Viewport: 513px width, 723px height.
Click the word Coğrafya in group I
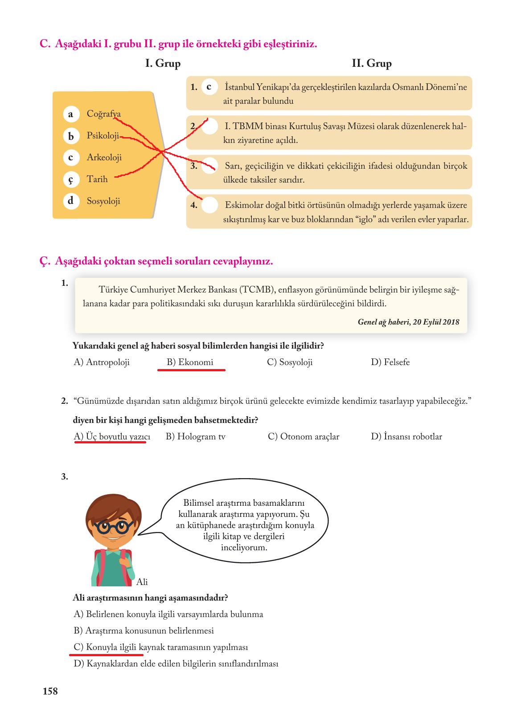point(103,114)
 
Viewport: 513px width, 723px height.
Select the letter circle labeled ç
point(70,179)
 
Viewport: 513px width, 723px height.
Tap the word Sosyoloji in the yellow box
point(103,201)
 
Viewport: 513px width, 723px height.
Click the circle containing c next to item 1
point(209,87)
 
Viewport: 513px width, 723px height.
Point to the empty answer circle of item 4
point(210,205)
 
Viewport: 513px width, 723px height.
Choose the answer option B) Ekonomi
point(190,362)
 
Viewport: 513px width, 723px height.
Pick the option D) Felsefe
point(390,362)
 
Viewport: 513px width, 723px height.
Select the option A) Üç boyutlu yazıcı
point(112,437)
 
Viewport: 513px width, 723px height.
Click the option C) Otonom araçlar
point(304,437)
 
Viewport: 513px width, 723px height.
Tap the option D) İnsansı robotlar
point(406,437)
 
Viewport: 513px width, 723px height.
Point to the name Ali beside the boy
point(142,582)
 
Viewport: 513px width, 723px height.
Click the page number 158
point(50,691)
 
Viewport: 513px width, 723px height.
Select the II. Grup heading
point(372,64)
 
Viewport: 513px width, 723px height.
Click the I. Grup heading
point(163,64)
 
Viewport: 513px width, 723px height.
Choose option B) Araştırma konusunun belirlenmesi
point(144,631)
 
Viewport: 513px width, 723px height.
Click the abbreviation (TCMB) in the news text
point(256,290)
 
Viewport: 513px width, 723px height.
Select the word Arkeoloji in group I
point(104,158)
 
